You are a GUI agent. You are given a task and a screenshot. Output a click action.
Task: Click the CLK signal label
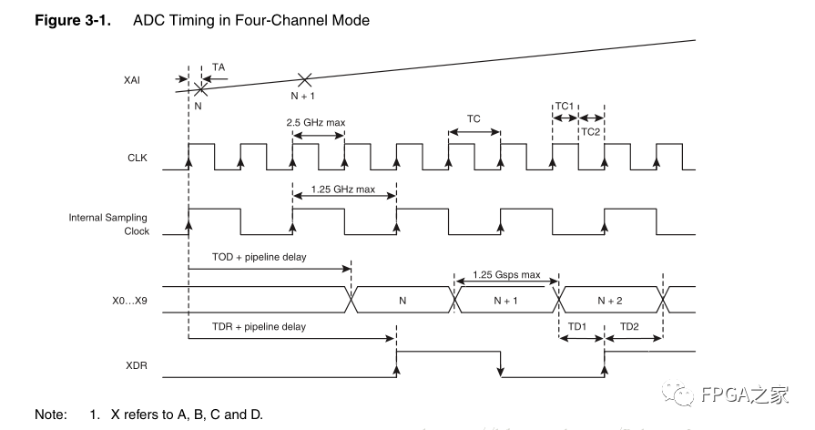[136, 159]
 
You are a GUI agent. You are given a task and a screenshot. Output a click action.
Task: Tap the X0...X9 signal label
[127, 299]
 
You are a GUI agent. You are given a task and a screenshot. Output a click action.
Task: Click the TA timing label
[218, 67]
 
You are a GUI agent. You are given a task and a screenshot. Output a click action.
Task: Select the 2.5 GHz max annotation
[317, 122]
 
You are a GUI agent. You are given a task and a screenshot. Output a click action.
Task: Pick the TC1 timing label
[565, 107]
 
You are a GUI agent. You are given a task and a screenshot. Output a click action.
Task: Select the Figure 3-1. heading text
[72, 20]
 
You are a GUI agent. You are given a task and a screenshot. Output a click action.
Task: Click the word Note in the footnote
[50, 415]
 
